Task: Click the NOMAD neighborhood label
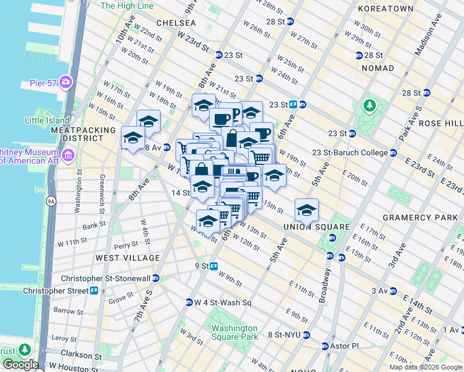pyautogui.click(x=377, y=68)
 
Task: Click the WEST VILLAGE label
pyautogui.click(x=127, y=257)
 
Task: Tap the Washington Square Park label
pyautogui.click(x=233, y=332)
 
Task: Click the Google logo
pyautogui.click(x=20, y=365)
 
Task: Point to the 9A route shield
pyautogui.click(x=51, y=201)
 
